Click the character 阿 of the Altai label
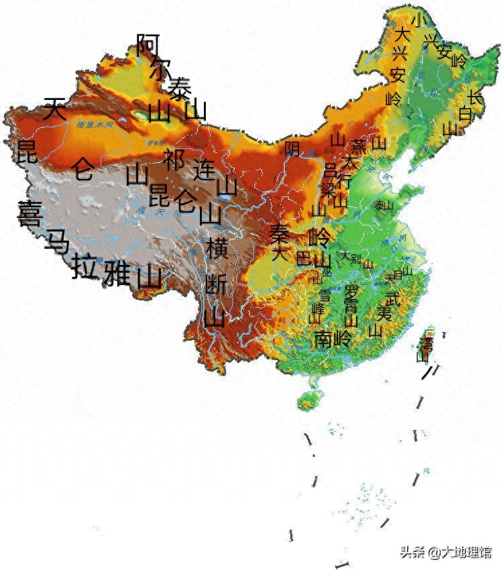tap(148, 45)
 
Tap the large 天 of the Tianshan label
tap(55, 109)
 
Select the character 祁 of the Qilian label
tap(174, 160)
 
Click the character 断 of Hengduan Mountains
tap(216, 284)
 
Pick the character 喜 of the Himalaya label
tap(30, 213)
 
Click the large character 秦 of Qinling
tap(279, 233)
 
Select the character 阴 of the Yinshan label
tap(292, 148)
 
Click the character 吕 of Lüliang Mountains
tap(330, 168)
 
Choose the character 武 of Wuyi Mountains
tap(392, 296)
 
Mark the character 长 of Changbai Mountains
tap(475, 98)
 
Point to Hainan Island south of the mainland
tap(308, 400)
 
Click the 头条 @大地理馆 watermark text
tap(446, 552)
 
